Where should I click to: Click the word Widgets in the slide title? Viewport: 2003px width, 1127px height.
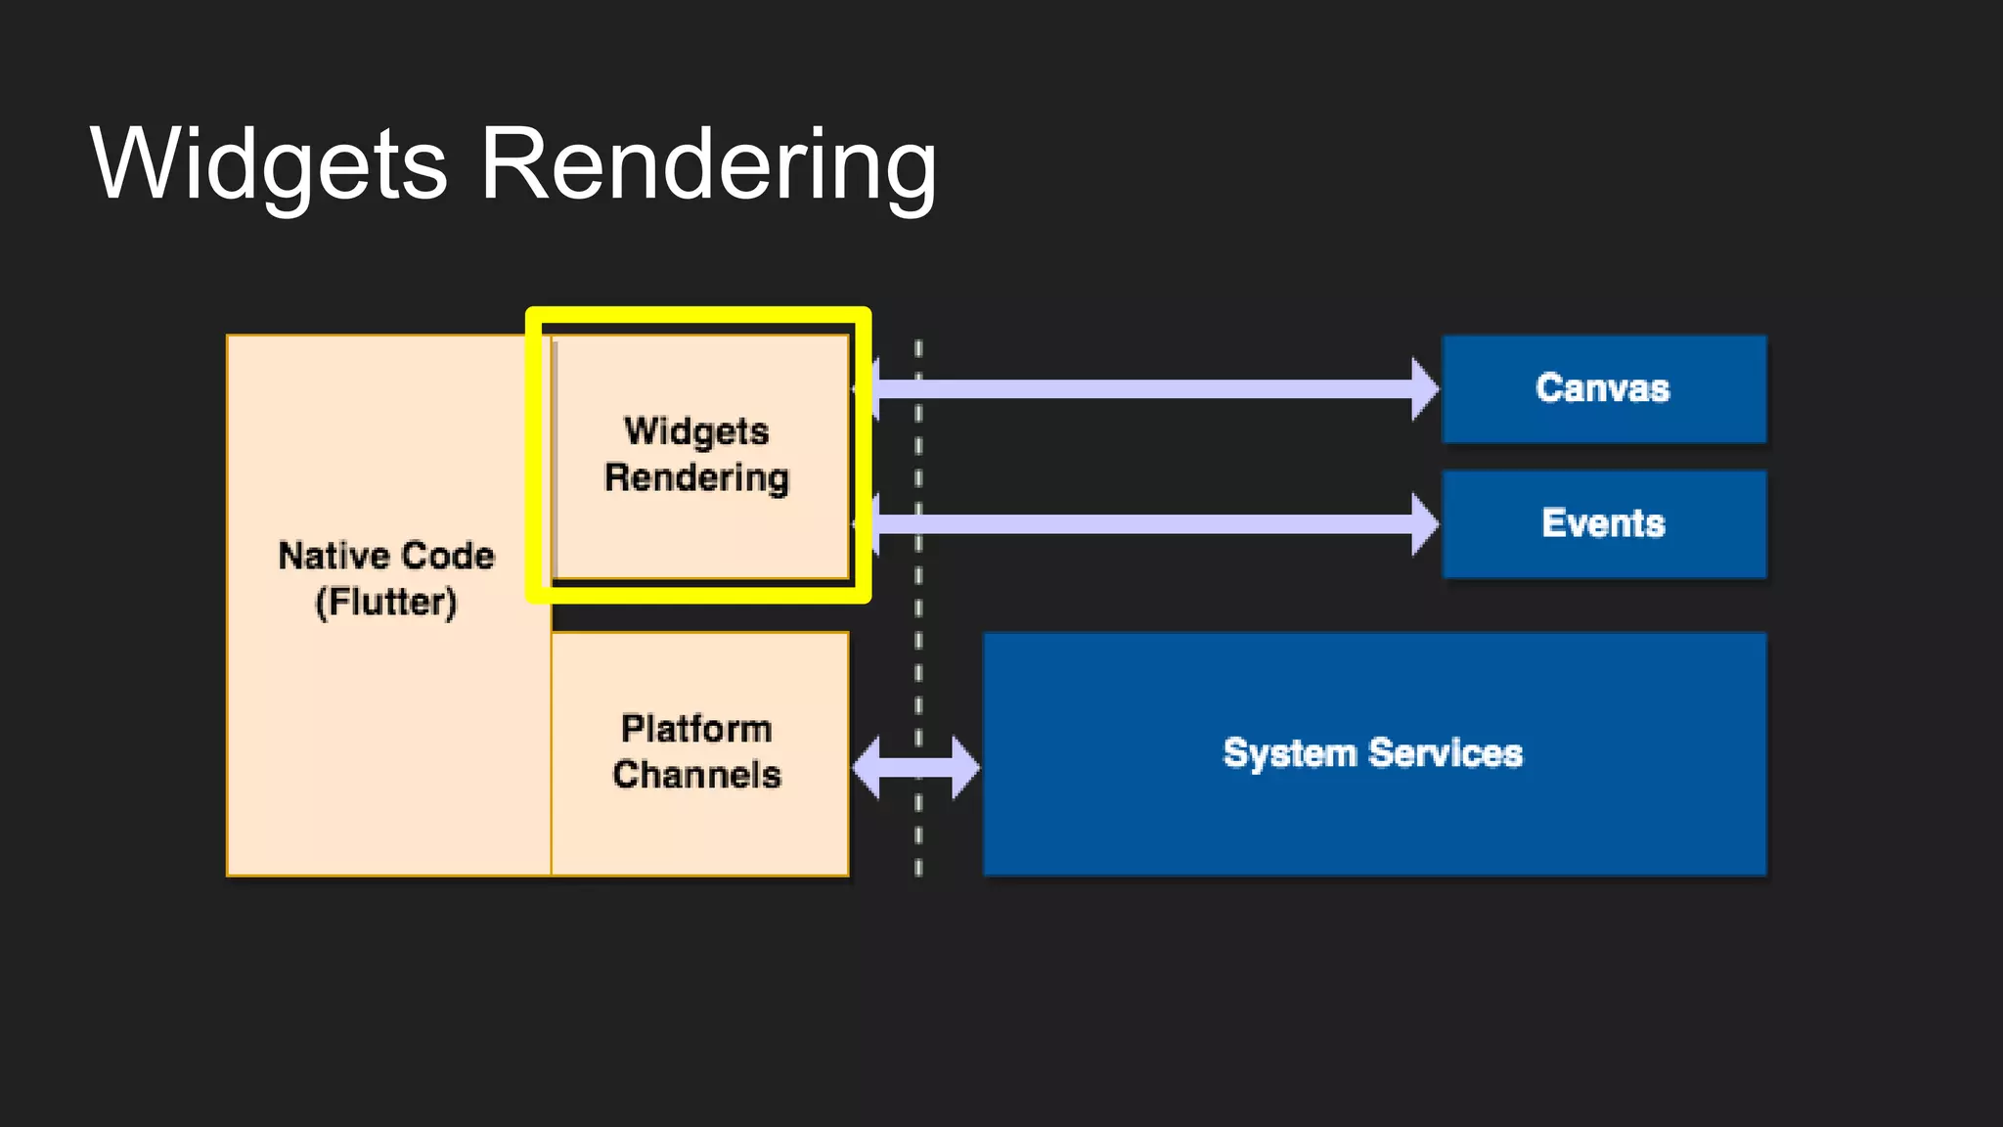269,164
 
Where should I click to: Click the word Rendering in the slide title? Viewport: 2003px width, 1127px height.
708,164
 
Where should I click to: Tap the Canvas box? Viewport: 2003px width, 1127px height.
1604,388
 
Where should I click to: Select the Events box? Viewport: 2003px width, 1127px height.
1604,523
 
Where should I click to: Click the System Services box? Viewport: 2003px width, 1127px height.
1373,753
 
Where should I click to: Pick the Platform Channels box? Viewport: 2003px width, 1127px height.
698,752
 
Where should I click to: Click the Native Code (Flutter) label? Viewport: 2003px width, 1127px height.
386,578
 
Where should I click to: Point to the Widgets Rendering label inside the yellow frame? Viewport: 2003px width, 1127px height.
696,455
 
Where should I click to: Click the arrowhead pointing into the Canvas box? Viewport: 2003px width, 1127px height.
1425,389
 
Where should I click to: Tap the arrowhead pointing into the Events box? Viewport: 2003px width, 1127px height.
1425,524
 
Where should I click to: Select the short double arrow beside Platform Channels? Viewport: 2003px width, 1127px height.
915,767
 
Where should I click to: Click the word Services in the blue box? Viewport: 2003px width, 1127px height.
1446,753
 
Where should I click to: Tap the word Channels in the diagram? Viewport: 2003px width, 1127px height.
696,775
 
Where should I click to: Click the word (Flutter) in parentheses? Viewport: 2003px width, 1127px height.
386,602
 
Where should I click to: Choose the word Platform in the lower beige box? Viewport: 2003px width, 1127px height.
696,729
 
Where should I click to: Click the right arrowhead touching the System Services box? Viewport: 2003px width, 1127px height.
964,767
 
